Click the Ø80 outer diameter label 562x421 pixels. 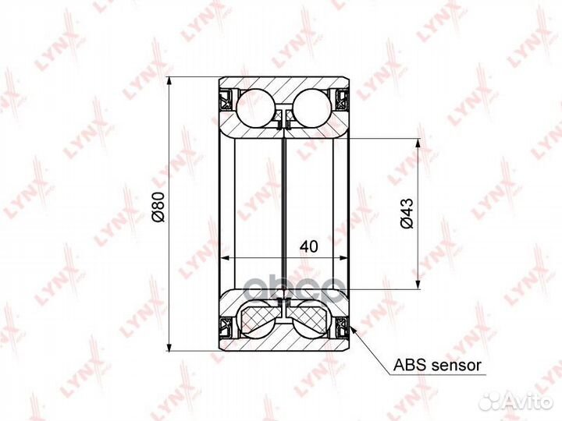158,207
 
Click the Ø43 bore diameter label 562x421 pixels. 407,213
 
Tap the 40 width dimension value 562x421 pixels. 308,246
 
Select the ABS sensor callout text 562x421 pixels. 437,366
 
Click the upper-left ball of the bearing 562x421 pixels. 254,108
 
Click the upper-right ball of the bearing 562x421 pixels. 312,108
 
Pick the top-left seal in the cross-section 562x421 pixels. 226,100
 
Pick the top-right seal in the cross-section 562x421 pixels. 342,100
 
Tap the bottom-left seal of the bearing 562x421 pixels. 226,327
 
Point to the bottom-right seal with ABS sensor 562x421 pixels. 342,327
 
